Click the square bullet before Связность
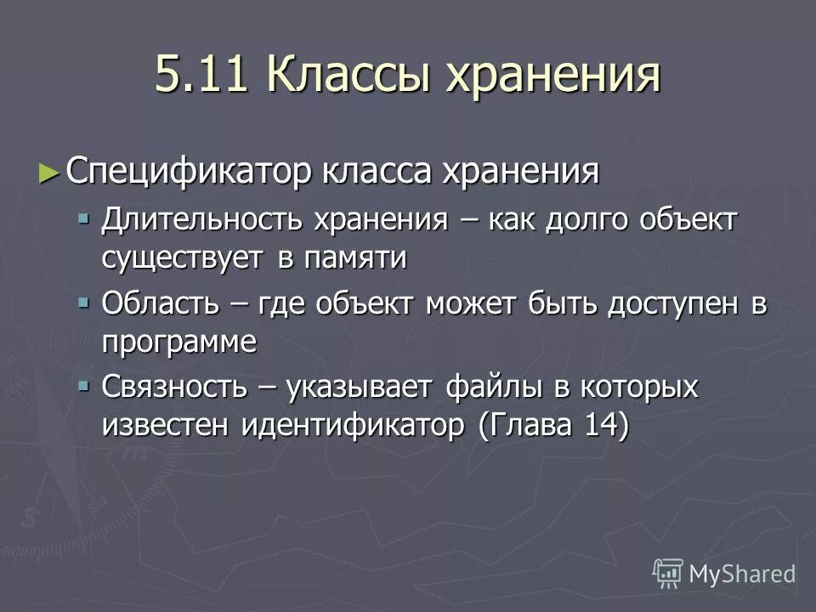click(x=83, y=386)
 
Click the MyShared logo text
click(x=741, y=574)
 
